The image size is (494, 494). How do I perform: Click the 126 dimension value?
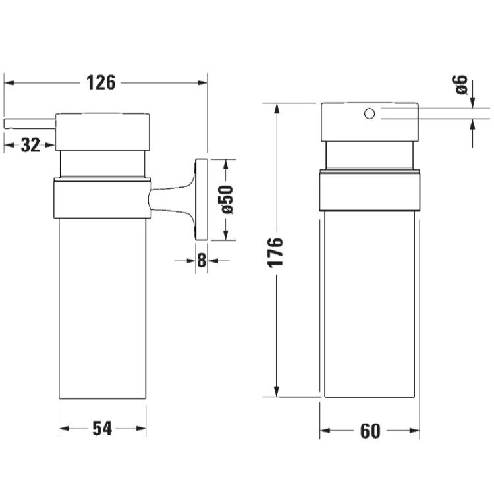click(101, 83)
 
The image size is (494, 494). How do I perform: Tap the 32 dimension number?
click(30, 146)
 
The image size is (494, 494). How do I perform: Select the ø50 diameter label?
click(227, 200)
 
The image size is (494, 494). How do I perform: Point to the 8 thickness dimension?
click(202, 261)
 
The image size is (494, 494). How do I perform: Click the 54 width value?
click(102, 429)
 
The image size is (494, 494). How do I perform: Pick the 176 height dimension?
click(276, 252)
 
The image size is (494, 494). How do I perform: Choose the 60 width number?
click(370, 431)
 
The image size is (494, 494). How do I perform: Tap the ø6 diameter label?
click(462, 85)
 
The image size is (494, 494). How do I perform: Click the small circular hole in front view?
click(370, 113)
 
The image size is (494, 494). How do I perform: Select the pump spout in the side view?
click(30, 124)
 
